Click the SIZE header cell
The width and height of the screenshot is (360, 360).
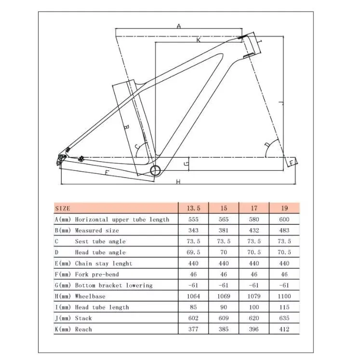click(63, 208)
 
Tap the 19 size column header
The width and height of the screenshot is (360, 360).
click(284, 208)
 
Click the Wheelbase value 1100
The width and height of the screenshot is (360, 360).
click(284, 296)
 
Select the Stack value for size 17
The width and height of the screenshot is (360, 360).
click(254, 318)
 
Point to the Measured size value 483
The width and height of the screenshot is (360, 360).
click(284, 231)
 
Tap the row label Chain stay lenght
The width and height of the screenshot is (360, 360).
click(103, 263)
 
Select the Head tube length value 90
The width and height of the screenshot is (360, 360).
click(224, 307)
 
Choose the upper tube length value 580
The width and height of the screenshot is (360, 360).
click(254, 220)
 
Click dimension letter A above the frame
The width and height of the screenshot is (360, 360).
click(178, 27)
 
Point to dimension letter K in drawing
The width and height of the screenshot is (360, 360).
click(198, 40)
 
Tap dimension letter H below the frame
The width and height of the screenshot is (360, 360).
click(177, 181)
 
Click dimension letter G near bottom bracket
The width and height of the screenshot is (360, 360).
click(186, 164)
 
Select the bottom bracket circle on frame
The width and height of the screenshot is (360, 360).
click(156, 170)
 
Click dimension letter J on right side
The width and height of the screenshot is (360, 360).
click(280, 102)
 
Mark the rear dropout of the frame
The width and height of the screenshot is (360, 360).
click(61, 158)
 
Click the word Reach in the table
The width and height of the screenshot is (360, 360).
click(83, 329)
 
